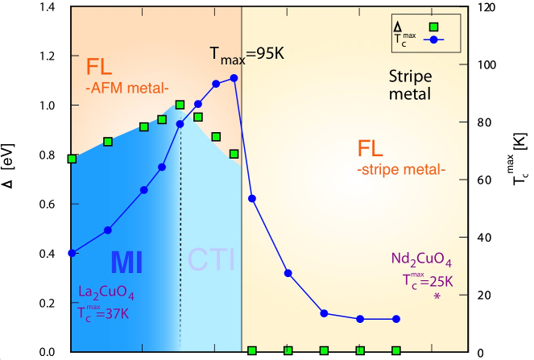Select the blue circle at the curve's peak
234,78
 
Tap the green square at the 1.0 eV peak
180,105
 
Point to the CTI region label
211,259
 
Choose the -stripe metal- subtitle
399,170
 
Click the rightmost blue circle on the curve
396,319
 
